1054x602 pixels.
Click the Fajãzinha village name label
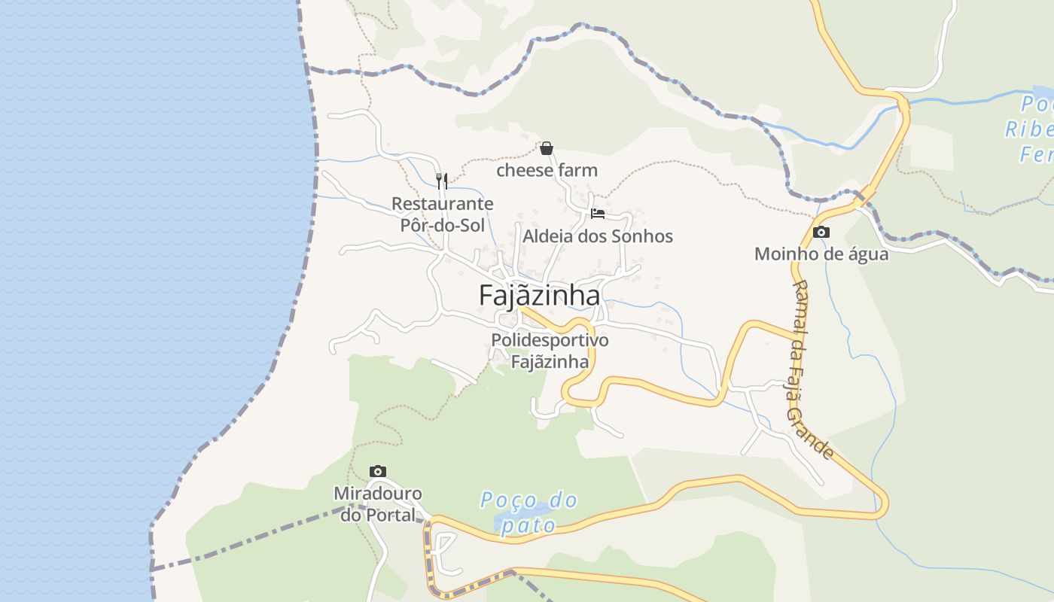click(x=539, y=296)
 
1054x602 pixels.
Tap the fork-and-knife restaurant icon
click(x=442, y=181)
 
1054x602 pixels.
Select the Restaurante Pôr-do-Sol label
click(x=442, y=214)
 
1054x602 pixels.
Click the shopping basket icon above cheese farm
click(x=547, y=148)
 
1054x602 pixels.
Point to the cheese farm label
click(x=547, y=170)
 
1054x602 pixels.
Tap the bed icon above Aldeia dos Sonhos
click(x=598, y=214)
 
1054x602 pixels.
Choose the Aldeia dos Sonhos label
click(x=598, y=236)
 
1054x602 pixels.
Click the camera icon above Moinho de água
click(x=821, y=232)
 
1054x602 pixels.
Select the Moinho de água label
click(x=821, y=254)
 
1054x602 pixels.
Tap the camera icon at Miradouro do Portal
click(x=378, y=471)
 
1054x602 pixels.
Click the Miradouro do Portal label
click(x=378, y=504)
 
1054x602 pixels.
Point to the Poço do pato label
click(x=530, y=512)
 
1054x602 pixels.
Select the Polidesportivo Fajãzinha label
click(x=550, y=351)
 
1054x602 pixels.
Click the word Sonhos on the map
click(x=644, y=236)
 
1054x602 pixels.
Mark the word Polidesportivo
click(x=550, y=340)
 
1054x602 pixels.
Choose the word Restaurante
click(x=442, y=203)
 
